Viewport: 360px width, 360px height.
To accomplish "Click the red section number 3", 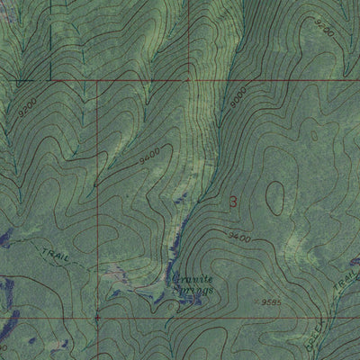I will point(236,202).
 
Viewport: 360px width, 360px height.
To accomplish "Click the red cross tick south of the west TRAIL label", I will point(97,317).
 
